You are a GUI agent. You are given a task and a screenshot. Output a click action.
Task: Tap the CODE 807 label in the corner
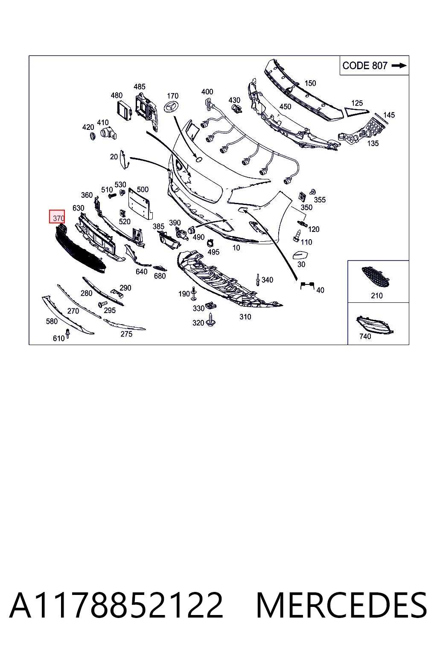click(x=365, y=65)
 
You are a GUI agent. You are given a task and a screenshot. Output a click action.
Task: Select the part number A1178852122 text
click(x=116, y=605)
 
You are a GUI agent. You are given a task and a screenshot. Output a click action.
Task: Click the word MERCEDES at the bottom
click(x=341, y=605)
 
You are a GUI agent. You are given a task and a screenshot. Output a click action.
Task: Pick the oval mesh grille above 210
click(x=376, y=277)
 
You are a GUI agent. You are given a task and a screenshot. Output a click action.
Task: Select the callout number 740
click(x=365, y=337)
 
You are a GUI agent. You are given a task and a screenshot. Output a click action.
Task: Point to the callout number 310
click(x=245, y=317)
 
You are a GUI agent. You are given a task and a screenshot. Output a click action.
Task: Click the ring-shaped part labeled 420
click(x=93, y=136)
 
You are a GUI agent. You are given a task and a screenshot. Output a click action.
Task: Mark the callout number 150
click(x=310, y=83)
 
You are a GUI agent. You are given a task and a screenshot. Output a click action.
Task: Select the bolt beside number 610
click(x=67, y=333)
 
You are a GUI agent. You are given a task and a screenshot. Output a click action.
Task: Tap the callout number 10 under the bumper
click(x=236, y=248)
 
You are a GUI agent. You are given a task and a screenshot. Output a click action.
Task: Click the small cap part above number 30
click(x=300, y=255)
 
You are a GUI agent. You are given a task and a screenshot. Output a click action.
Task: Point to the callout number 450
click(x=285, y=107)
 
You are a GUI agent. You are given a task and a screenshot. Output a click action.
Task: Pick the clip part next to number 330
click(x=211, y=305)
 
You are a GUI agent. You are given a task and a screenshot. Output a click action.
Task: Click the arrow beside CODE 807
click(x=399, y=66)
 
